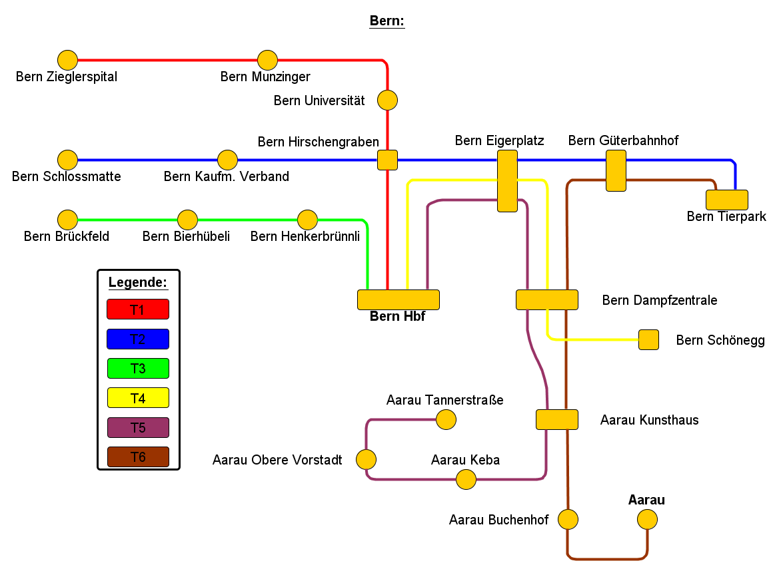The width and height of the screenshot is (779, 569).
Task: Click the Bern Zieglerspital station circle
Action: point(67,61)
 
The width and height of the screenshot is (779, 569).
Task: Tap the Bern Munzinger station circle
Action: point(267,61)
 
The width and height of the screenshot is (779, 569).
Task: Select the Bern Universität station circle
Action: point(387,100)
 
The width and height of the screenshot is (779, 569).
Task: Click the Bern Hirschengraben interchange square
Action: point(387,160)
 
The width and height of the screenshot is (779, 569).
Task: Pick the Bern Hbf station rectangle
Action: point(398,299)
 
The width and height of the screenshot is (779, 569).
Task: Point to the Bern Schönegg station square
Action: point(648,340)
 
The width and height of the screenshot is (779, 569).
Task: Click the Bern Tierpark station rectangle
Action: point(726,200)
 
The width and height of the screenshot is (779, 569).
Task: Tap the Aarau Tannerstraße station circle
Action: point(446,419)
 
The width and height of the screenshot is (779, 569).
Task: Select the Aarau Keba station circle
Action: point(466,479)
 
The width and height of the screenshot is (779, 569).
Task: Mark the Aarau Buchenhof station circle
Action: point(568,519)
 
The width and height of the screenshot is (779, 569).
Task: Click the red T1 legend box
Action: point(138,309)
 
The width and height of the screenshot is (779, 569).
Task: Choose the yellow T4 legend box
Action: point(138,398)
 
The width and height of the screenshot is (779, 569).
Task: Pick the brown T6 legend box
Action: point(138,457)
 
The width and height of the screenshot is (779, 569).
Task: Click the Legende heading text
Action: point(138,282)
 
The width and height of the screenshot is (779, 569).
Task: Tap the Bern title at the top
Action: point(387,21)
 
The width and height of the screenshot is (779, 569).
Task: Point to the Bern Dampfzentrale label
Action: point(659,300)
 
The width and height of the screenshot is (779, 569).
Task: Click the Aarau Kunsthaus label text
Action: point(649,420)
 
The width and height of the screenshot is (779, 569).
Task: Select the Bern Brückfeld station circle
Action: point(67,220)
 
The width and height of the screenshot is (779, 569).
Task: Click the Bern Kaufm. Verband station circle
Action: point(227,160)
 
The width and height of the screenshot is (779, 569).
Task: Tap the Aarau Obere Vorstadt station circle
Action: point(366,459)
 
